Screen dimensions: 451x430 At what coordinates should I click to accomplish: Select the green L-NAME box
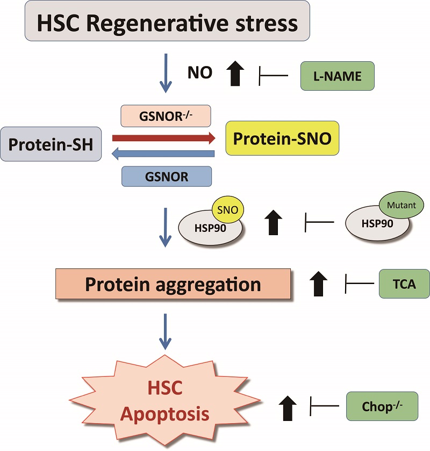coord(336,76)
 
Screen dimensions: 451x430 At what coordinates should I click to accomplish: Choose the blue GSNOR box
coord(167,176)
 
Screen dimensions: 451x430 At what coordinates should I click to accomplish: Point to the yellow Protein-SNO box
coord(282,139)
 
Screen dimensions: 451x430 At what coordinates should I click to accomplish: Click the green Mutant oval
coord(402,205)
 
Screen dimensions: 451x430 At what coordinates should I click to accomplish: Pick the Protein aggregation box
coord(173,283)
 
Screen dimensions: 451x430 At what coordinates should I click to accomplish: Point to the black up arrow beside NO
coord(234,74)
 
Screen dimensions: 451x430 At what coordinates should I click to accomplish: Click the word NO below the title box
coord(200,73)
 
